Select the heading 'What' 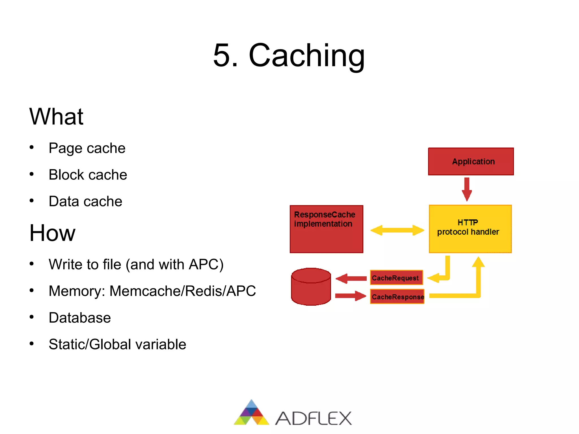(x=56, y=116)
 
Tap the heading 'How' (x=52, y=233)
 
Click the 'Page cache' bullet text (x=87, y=148)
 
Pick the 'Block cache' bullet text (x=88, y=175)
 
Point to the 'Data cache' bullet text (x=85, y=201)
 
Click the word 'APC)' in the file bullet (x=206, y=265)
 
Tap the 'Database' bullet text (x=80, y=318)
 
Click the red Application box (x=471, y=161)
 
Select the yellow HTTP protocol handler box (x=470, y=229)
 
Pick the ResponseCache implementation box (x=326, y=229)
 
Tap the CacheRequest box (x=396, y=278)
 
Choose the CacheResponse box (x=397, y=297)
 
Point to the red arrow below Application (x=467, y=189)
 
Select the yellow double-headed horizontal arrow (x=397, y=230)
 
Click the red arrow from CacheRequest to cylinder (x=351, y=278)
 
